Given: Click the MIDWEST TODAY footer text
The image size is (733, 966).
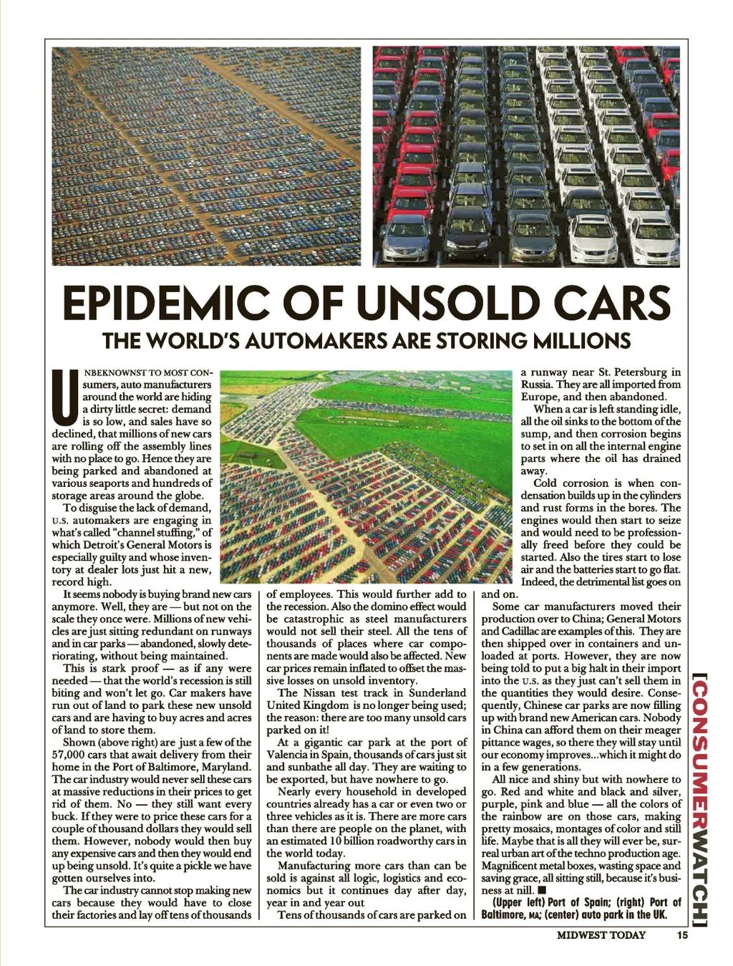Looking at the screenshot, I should (x=601, y=934).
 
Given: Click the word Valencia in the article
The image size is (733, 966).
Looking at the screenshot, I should (x=288, y=755).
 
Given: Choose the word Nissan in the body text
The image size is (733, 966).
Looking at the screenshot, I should (x=320, y=692).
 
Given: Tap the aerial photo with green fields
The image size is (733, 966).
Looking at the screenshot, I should (x=366, y=476).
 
